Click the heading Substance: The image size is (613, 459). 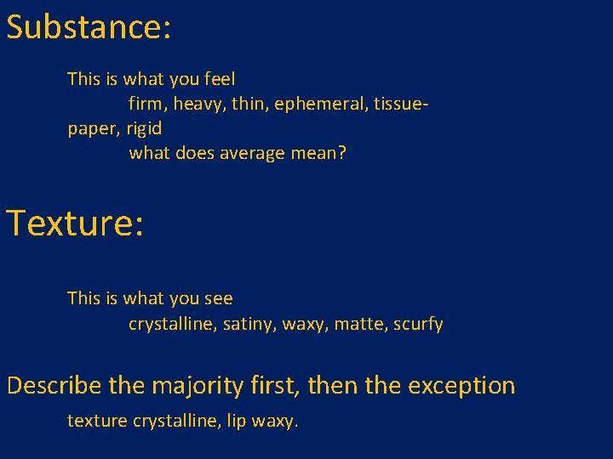tap(89, 27)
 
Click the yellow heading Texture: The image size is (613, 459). tap(76, 224)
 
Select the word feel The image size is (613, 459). tap(220, 79)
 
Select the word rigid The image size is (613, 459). tap(144, 128)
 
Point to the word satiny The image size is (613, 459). tap(249, 324)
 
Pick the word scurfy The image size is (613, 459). tap(418, 325)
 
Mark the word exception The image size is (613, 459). tap(461, 387)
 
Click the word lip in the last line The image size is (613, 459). tap(237, 421)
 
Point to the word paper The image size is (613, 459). tap(93, 129)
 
